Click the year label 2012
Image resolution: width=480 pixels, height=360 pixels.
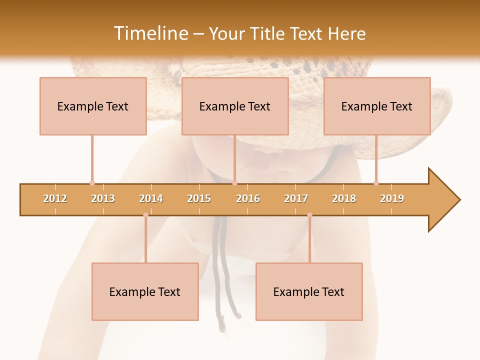[x=55, y=198]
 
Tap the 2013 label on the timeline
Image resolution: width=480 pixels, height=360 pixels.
[x=103, y=198]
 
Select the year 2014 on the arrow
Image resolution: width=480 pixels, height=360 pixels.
[x=151, y=198]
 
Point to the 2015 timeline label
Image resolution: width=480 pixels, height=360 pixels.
[x=199, y=198]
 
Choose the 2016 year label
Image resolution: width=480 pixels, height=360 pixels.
[x=248, y=198]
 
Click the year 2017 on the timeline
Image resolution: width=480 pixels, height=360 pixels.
[x=296, y=198]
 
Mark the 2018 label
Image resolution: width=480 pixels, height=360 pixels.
[x=344, y=198]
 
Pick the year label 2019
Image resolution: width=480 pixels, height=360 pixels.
[x=392, y=198]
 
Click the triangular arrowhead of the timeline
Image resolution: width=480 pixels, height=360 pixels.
[x=443, y=200]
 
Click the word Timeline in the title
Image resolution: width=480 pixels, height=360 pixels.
[x=150, y=33]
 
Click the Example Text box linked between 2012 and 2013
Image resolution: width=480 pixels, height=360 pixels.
[x=93, y=106]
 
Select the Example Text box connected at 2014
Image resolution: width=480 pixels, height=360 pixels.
[x=145, y=291]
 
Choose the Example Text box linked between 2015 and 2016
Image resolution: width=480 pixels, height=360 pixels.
[x=235, y=106]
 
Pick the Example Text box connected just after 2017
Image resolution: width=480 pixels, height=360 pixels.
[x=309, y=291]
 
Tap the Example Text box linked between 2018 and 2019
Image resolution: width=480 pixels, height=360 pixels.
[x=377, y=106]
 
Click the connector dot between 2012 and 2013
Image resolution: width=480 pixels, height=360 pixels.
[x=92, y=183]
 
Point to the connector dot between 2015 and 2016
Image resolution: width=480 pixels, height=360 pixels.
[x=234, y=183]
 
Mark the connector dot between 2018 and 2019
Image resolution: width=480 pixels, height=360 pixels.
[x=376, y=183]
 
